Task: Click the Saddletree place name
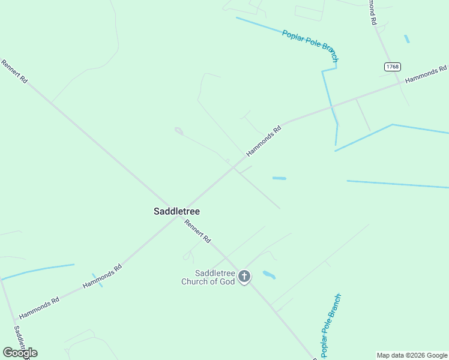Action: tap(176, 211)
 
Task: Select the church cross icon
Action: tap(244, 277)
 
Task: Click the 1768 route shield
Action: tap(393, 67)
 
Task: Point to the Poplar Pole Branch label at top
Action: tap(310, 46)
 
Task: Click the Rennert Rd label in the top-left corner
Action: tap(14, 71)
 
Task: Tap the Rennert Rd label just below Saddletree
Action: tap(197, 231)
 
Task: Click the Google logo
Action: tap(20, 353)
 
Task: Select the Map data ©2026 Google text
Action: tap(412, 355)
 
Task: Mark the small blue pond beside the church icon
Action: tap(269, 275)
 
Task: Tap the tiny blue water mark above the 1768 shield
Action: tap(407, 39)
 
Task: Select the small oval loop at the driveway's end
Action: tap(178, 130)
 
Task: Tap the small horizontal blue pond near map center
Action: tap(279, 178)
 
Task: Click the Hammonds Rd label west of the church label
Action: tap(102, 275)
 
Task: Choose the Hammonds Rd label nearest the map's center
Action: tap(264, 141)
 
